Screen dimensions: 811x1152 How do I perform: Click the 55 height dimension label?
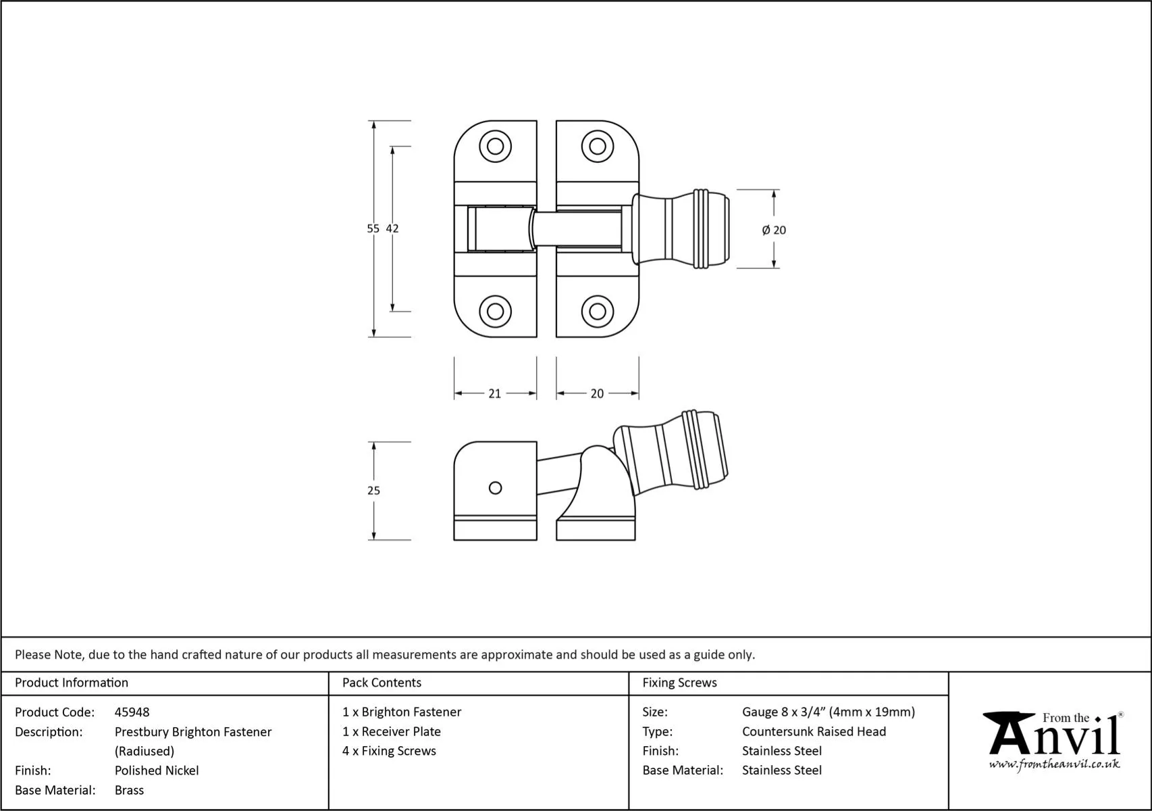(373, 229)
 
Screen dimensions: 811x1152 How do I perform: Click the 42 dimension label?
(392, 229)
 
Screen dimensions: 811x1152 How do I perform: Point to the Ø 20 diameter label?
(774, 230)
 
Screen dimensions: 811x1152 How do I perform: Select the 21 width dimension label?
(494, 393)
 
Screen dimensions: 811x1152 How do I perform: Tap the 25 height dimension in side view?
(373, 491)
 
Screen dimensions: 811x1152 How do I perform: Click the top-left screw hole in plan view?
(495, 146)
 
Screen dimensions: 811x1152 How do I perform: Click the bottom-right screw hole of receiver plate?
(597, 312)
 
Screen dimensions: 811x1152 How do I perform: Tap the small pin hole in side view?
(495, 488)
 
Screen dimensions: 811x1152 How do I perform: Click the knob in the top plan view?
(682, 230)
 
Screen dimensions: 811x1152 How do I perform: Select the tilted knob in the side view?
(672, 453)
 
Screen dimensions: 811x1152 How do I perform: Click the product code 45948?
(132, 712)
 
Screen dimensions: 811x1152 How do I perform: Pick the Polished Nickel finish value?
(157, 770)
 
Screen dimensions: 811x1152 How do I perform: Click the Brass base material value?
(129, 790)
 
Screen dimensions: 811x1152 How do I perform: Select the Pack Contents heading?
(382, 683)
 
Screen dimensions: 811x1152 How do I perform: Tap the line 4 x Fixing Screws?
(389, 751)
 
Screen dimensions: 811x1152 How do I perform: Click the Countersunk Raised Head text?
(814, 731)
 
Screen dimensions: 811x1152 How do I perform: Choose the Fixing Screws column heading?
(679, 683)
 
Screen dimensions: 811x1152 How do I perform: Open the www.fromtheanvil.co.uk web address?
(1054, 764)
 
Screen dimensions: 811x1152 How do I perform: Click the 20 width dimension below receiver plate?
(597, 393)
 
